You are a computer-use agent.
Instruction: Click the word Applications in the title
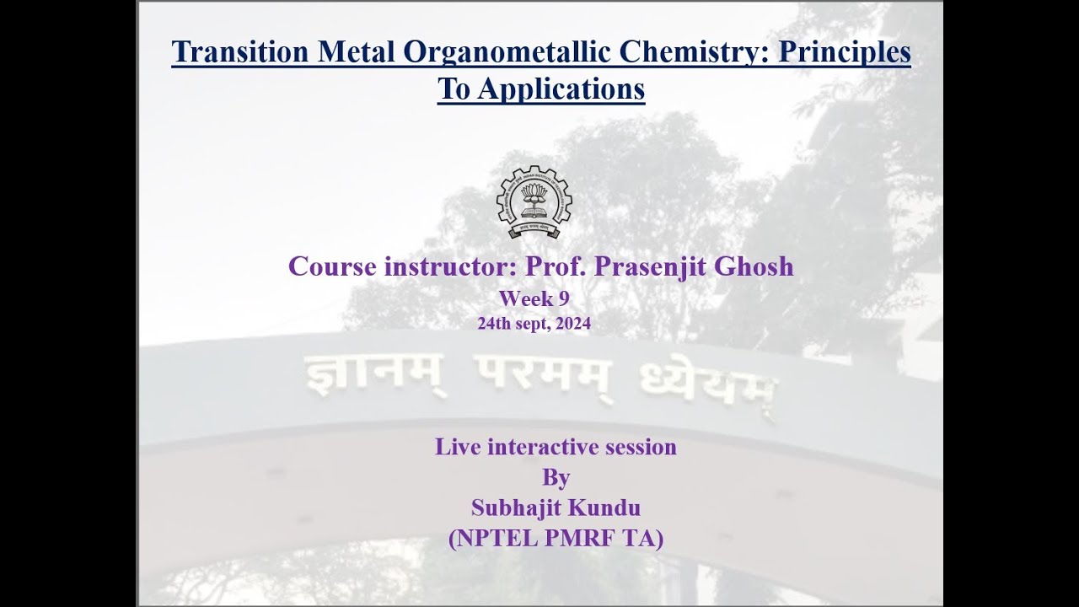click(x=561, y=89)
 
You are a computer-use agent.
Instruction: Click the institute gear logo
click(x=534, y=201)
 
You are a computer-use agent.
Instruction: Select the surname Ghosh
click(x=754, y=266)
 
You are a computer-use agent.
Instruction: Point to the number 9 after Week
click(x=564, y=298)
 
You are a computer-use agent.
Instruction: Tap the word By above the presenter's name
click(x=556, y=478)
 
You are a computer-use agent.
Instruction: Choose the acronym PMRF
click(x=578, y=538)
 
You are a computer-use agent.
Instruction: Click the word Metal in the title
click(x=356, y=51)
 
